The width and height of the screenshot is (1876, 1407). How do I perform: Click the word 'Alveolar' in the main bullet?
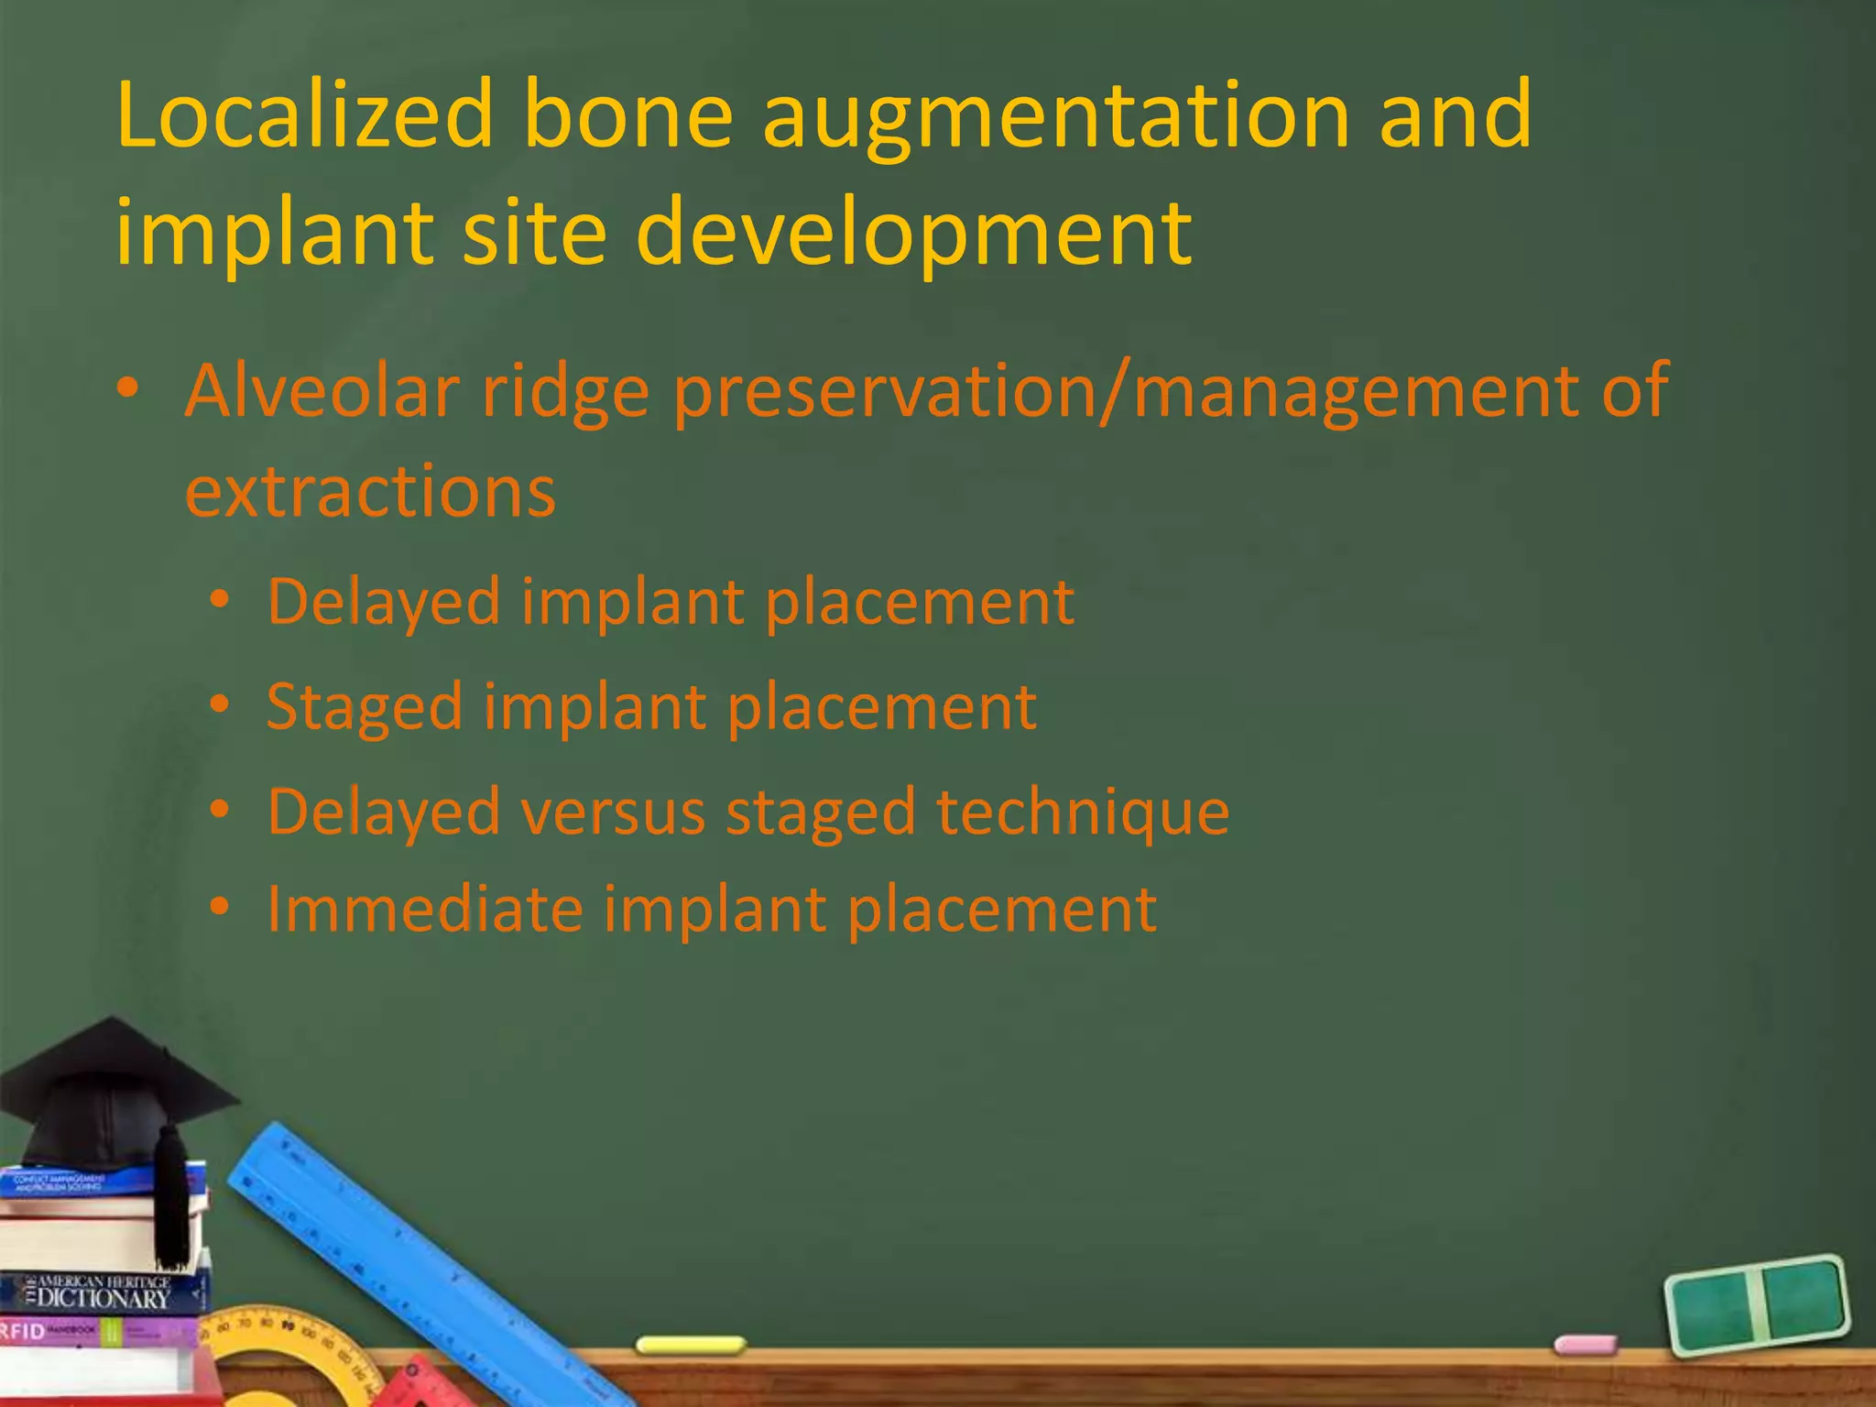tap(322, 391)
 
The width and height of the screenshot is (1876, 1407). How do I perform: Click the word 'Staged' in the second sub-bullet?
tap(364, 708)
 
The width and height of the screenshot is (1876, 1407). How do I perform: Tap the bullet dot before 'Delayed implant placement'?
tap(219, 601)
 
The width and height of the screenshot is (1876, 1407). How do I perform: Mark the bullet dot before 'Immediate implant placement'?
tap(219, 907)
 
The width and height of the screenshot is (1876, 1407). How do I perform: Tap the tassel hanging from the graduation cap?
tap(169, 1200)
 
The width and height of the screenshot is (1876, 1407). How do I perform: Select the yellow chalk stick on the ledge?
tap(691, 1345)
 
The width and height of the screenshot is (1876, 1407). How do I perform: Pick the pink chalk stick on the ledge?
tap(1586, 1345)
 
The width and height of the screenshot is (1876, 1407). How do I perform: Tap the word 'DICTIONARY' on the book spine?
tap(103, 1299)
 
